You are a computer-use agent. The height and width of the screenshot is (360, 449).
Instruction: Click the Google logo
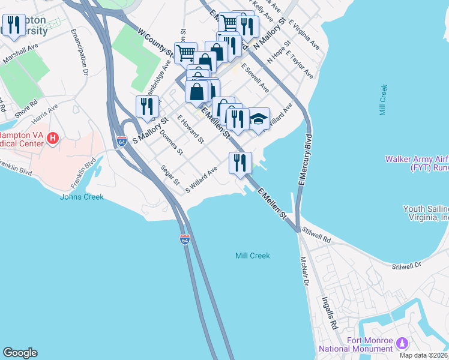(20, 353)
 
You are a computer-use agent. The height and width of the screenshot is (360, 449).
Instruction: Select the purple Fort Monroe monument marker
(402, 343)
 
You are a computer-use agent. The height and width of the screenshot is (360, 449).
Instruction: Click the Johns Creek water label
(82, 197)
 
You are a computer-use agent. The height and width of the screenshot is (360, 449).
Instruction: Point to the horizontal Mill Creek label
(252, 256)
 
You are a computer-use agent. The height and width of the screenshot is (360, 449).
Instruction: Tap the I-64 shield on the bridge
(185, 239)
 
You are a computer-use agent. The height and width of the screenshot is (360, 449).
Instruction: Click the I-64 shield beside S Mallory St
(122, 142)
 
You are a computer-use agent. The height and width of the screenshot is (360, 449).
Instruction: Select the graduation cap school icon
(259, 118)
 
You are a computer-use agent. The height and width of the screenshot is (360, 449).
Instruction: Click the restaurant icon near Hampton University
(13, 25)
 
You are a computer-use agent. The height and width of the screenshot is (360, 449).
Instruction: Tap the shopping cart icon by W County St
(185, 53)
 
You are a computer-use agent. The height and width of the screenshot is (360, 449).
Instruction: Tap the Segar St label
(170, 175)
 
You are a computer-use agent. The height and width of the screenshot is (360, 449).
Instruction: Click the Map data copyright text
(423, 355)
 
